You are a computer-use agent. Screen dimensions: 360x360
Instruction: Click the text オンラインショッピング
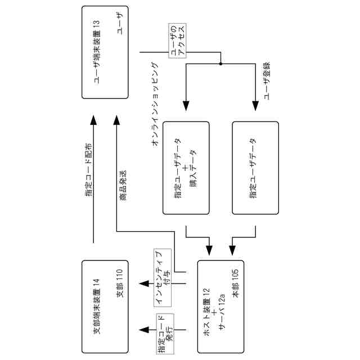click(156, 104)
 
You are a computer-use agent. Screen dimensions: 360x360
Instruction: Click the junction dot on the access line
click(221, 63)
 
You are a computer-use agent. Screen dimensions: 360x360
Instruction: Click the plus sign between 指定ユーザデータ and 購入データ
click(186, 168)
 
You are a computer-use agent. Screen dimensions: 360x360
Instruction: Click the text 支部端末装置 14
click(97, 307)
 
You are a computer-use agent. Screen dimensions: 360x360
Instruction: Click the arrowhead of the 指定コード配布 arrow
click(93, 121)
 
